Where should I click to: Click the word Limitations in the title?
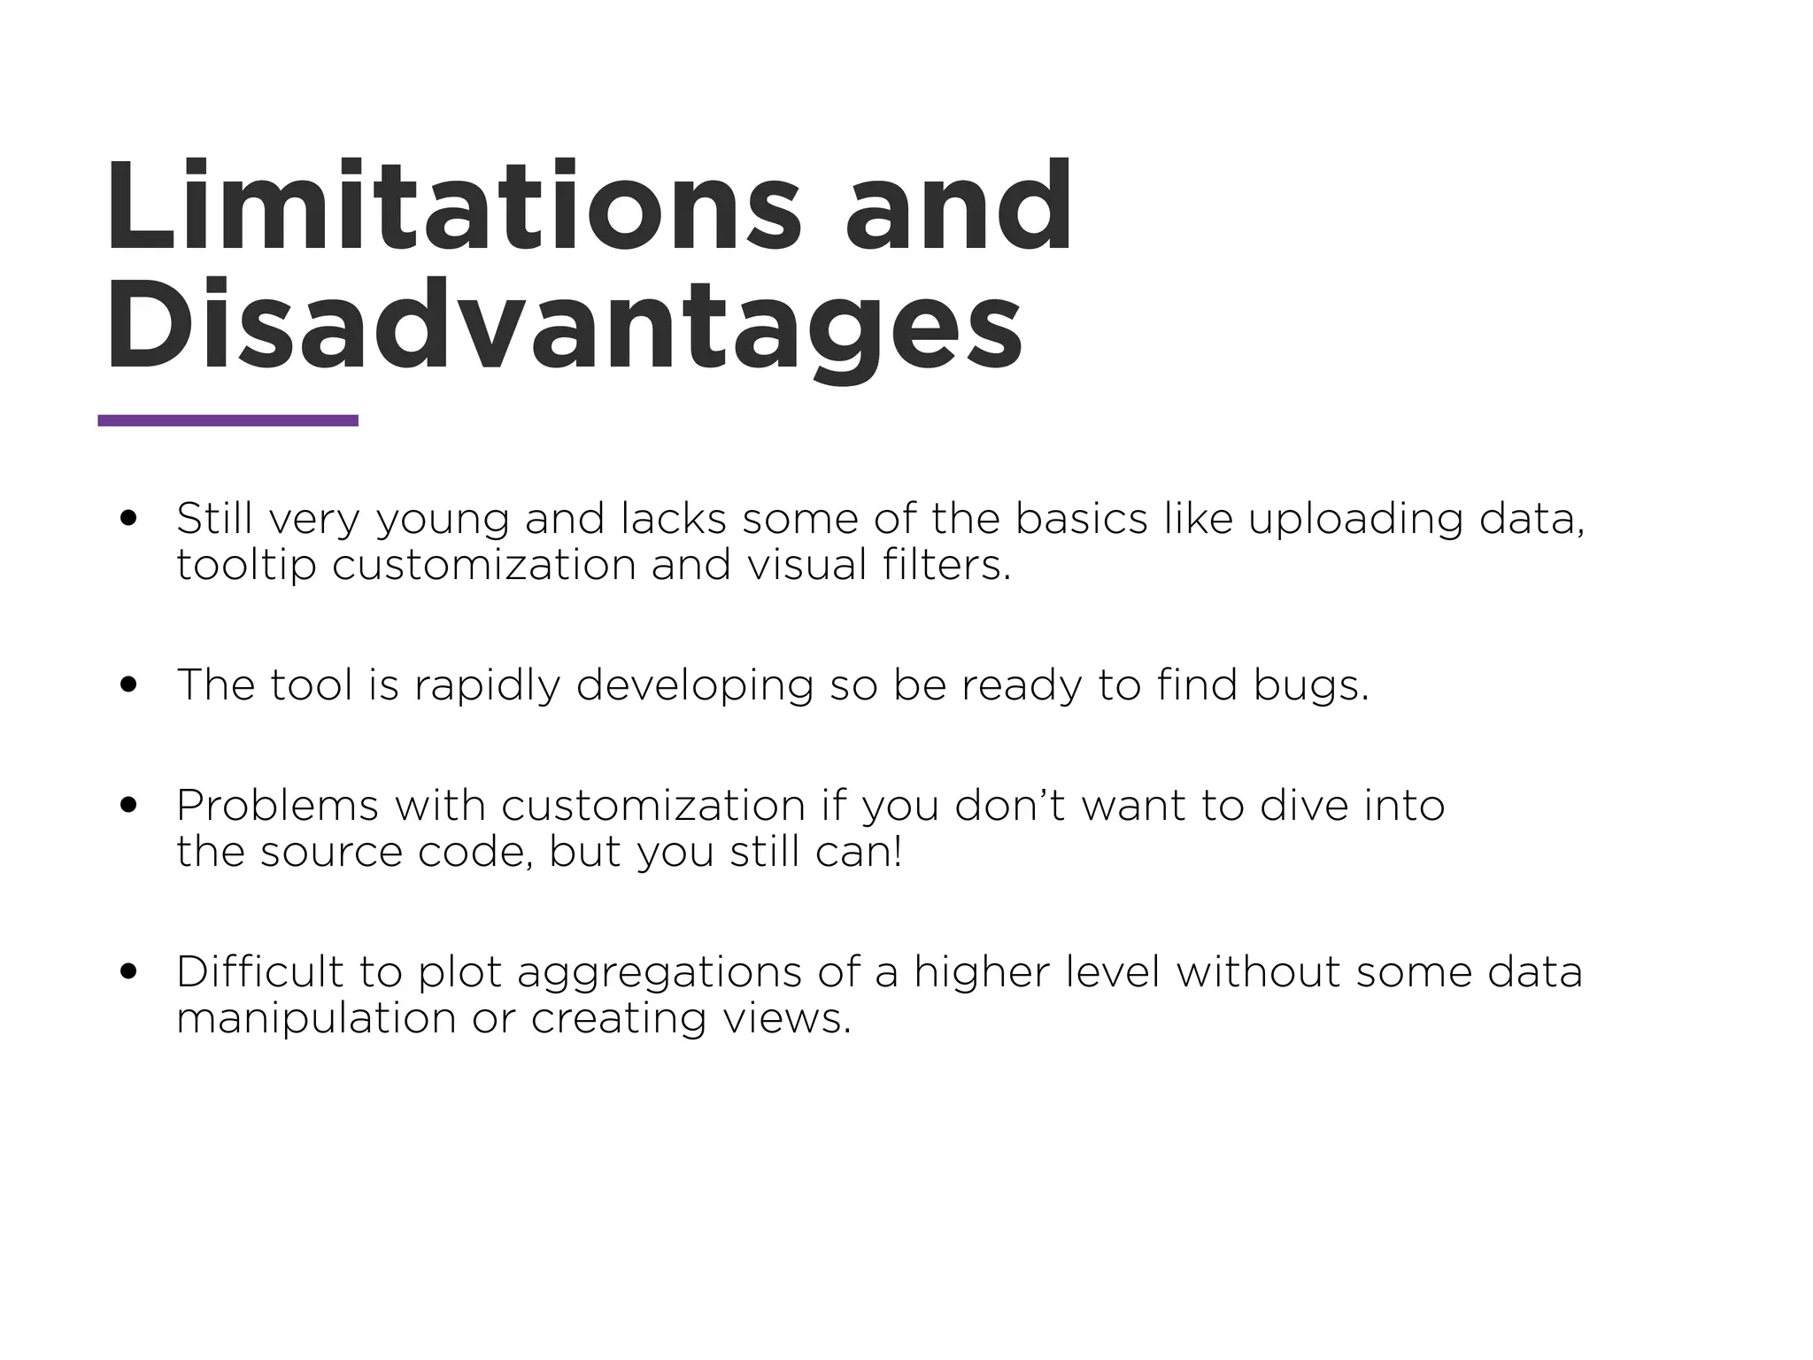click(x=451, y=208)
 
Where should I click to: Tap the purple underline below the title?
click(x=228, y=421)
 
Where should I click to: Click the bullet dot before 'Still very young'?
click(x=130, y=518)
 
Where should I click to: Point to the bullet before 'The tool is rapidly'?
click(x=130, y=684)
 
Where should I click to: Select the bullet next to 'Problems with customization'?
click(x=130, y=805)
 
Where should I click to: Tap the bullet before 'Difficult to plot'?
click(x=130, y=971)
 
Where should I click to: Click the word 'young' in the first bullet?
click(x=443, y=520)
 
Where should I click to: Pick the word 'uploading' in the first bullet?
click(x=1355, y=520)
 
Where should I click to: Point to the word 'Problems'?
click(x=278, y=806)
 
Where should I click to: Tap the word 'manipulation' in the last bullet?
click(x=316, y=1019)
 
